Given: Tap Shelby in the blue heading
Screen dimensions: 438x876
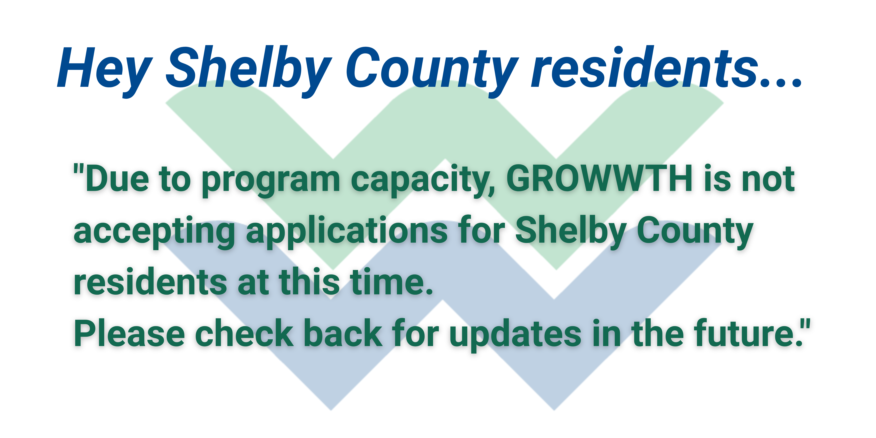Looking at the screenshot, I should tap(248, 68).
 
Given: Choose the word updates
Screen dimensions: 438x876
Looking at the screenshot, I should tap(515, 335).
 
